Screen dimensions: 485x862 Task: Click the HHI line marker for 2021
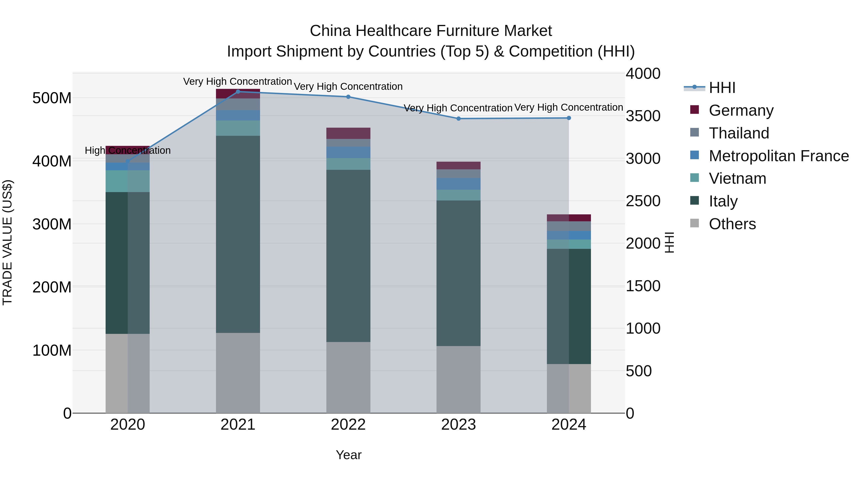click(x=238, y=92)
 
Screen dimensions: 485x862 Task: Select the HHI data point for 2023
click(x=459, y=119)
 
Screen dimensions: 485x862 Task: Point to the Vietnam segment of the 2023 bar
click(x=459, y=195)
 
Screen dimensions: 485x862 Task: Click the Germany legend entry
click(x=741, y=110)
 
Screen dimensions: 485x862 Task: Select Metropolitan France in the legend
click(x=778, y=156)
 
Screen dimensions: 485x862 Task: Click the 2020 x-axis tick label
click(x=127, y=425)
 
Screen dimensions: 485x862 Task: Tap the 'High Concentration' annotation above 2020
click(x=127, y=151)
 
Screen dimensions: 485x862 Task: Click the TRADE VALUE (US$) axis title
click(x=7, y=242)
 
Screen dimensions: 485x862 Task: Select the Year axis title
click(x=348, y=455)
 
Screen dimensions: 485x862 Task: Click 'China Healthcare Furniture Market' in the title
click(x=431, y=31)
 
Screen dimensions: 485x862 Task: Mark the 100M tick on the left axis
click(x=52, y=350)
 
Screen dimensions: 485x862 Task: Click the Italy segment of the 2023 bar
click(x=459, y=273)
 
